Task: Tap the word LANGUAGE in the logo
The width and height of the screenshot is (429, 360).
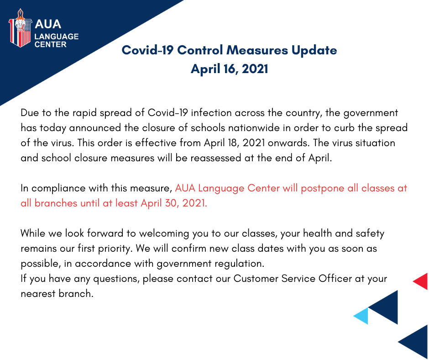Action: click(57, 37)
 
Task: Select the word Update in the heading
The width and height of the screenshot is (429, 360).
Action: click(314, 51)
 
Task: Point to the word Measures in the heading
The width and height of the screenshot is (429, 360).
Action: click(257, 50)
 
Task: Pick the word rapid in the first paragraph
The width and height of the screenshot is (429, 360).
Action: click(84, 113)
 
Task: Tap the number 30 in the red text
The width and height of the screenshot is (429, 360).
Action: click(172, 203)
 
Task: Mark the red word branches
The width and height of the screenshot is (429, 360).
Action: click(56, 203)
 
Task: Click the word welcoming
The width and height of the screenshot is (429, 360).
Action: click(164, 234)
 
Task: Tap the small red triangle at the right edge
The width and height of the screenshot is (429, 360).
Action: click(422, 281)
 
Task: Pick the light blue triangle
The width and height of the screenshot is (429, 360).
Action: click(362, 316)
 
